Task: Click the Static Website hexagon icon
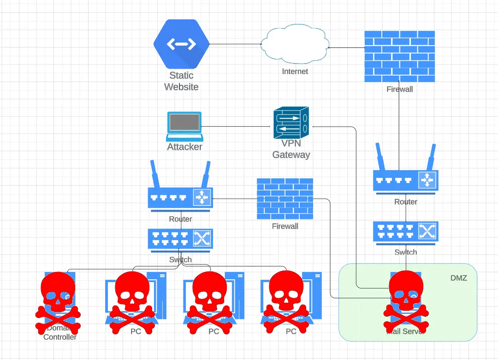click(x=181, y=44)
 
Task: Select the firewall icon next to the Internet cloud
click(x=399, y=57)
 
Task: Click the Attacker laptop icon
click(x=184, y=126)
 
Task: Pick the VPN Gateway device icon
click(x=291, y=123)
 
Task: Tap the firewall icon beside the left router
click(x=285, y=199)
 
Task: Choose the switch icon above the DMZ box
click(x=406, y=232)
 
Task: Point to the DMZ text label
click(x=458, y=278)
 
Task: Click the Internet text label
click(x=295, y=71)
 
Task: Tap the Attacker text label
click(x=184, y=147)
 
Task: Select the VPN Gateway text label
click(x=291, y=149)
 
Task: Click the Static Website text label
click(x=181, y=81)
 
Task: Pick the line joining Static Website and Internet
click(x=235, y=44)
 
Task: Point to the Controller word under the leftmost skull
click(x=60, y=337)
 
